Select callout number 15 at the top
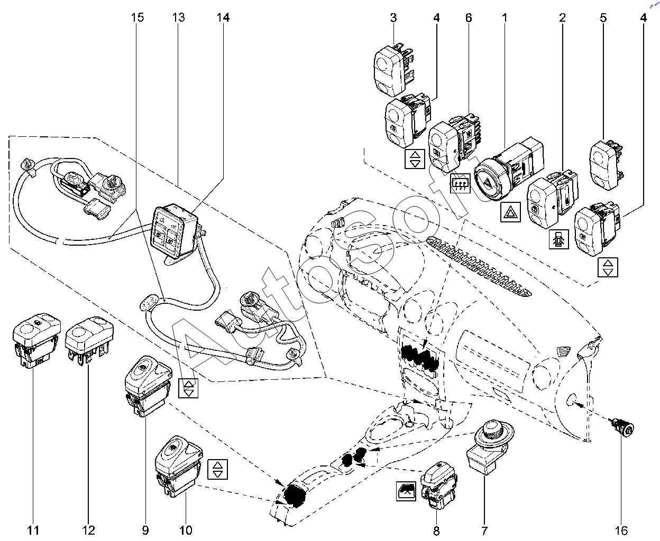tap(137, 17)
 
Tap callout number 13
tap(178, 17)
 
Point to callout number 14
tap(223, 17)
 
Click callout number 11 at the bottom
tap(33, 530)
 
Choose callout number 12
tap(88, 530)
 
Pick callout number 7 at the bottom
tap(484, 530)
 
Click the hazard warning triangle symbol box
tap(511, 213)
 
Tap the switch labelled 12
tap(89, 338)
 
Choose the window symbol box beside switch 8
tap(407, 491)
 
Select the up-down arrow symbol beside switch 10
tap(218, 469)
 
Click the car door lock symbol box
tap(560, 240)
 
